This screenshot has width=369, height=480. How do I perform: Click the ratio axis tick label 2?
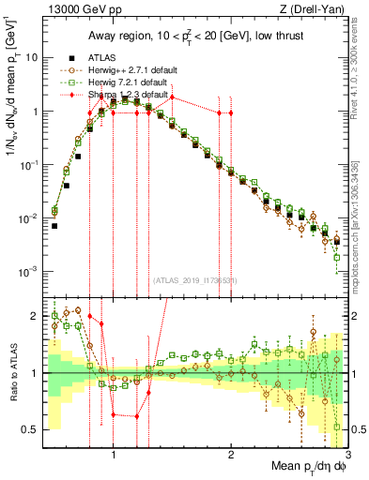35,316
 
